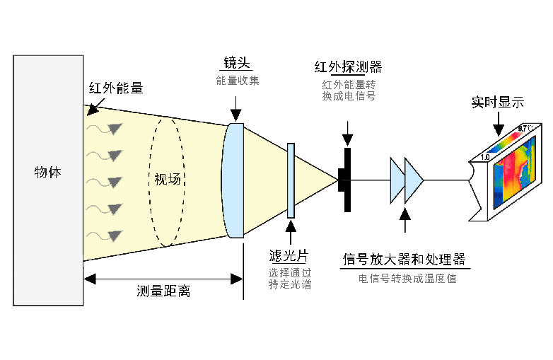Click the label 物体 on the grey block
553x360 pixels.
[47, 172]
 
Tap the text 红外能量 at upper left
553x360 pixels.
[115, 88]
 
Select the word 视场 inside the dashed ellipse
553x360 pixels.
[168, 179]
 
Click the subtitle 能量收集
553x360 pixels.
[238, 81]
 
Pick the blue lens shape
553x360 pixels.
[234, 180]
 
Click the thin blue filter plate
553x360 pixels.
[291, 180]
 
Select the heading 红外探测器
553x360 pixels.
[348, 67]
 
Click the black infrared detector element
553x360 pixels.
[347, 180]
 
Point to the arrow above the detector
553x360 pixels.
[347, 132]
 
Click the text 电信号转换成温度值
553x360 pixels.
[407, 279]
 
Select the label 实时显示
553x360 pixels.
[498, 102]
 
